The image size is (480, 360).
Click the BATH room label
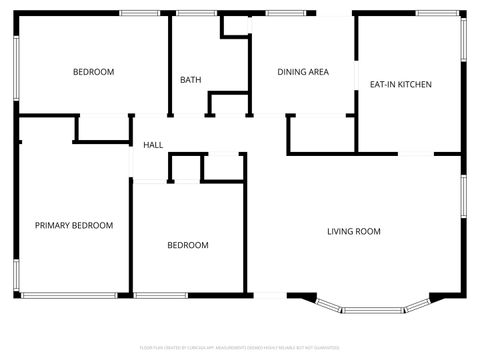pyautogui.click(x=190, y=80)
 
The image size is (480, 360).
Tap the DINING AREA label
pyautogui.click(x=303, y=72)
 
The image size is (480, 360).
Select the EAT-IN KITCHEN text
pyautogui.click(x=401, y=85)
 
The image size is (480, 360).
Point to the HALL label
pyautogui.click(x=153, y=145)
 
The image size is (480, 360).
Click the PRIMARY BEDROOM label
pyautogui.click(x=74, y=226)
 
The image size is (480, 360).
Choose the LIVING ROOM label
pyautogui.click(x=354, y=232)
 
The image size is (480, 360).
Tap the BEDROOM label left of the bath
pyautogui.click(x=93, y=72)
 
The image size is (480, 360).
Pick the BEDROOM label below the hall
pyautogui.click(x=187, y=245)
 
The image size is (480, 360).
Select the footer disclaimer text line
pyautogui.click(x=240, y=348)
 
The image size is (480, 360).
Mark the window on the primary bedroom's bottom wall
pyautogui.click(x=68, y=295)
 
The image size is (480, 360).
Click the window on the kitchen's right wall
pyautogui.click(x=463, y=50)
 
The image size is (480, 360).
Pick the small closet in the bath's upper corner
pyautogui.click(x=235, y=26)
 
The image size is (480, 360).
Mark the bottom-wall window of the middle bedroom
pyautogui.click(x=161, y=295)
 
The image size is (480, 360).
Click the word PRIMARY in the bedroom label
pyautogui.click(x=54, y=226)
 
